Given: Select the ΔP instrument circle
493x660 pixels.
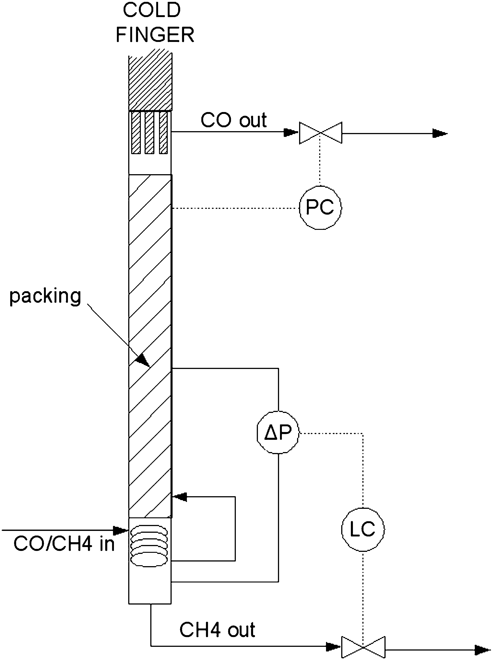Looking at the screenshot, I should tap(278, 432).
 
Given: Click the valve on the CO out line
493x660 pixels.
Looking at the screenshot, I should tap(320, 133).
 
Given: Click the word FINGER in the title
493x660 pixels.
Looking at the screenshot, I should tap(155, 35).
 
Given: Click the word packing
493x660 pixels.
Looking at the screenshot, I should tap(45, 296).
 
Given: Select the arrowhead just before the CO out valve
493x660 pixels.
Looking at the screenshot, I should tap(290, 132).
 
